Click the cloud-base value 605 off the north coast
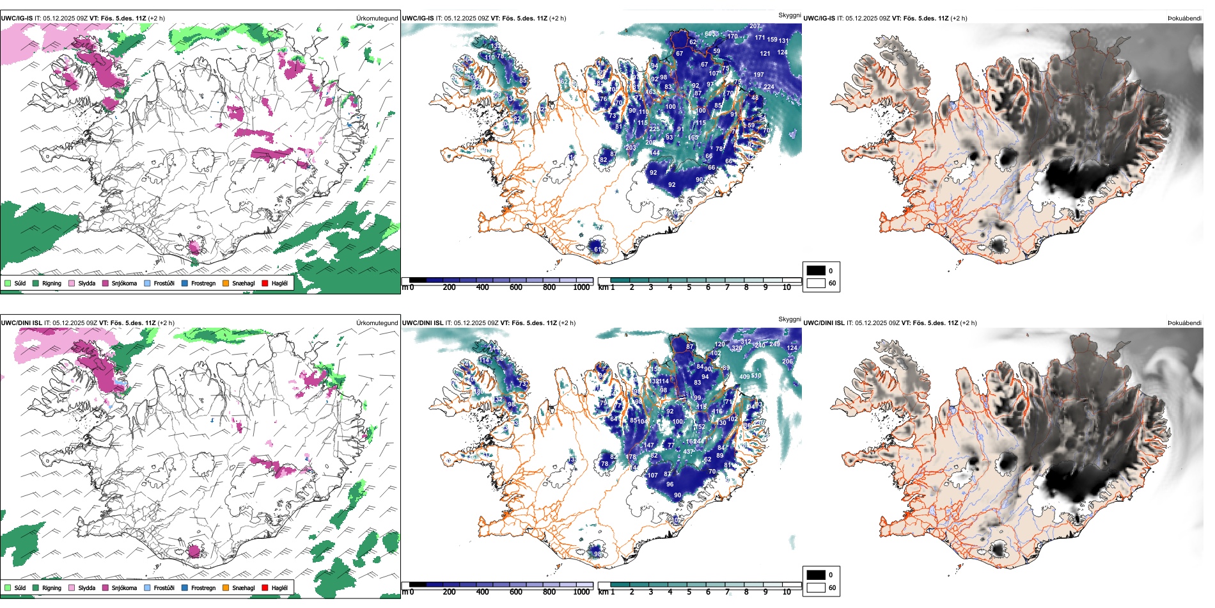pyautogui.click(x=710, y=34)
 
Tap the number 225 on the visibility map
pyautogui.click(x=654, y=129)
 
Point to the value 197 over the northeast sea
pyautogui.click(x=758, y=75)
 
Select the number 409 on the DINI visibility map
pyautogui.click(x=744, y=377)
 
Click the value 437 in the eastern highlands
pyautogui.click(x=688, y=451)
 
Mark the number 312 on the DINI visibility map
pyautogui.click(x=746, y=342)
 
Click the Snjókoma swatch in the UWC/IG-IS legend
pyautogui.click(x=106, y=283)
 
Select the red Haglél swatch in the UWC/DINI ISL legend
pyautogui.click(x=265, y=588)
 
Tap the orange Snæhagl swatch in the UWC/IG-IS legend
pyautogui.click(x=226, y=283)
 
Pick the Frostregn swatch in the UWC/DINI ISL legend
pyautogui.click(x=185, y=588)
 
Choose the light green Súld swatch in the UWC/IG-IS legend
pyautogui.click(x=8, y=283)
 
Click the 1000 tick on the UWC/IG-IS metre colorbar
pyautogui.click(x=581, y=287)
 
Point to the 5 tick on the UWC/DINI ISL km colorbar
pyautogui.click(x=689, y=592)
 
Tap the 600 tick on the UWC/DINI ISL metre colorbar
pyautogui.click(x=515, y=592)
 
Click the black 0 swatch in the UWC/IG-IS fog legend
pyautogui.click(x=816, y=270)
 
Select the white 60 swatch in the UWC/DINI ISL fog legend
pyautogui.click(x=816, y=587)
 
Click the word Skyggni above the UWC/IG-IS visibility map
pyautogui.click(x=789, y=15)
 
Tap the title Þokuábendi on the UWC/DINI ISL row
pyautogui.click(x=1184, y=323)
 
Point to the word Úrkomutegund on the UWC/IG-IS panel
pyautogui.click(x=377, y=18)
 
